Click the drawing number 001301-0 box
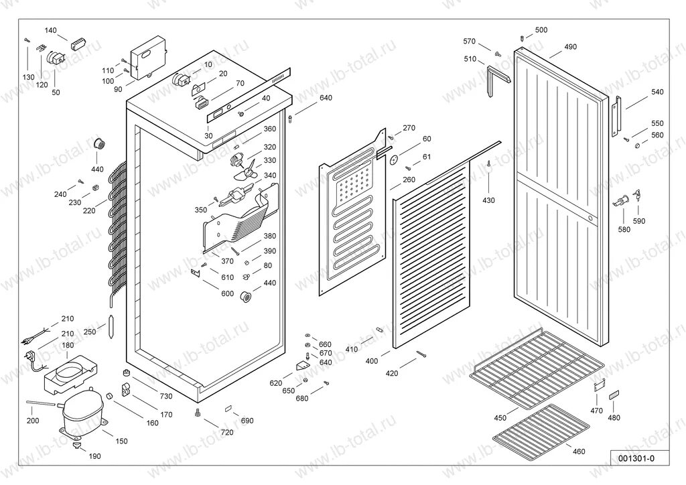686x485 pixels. click(636, 458)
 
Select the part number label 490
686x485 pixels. click(570, 47)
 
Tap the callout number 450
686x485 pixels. click(500, 417)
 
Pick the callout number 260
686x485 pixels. click(409, 180)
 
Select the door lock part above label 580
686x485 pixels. click(622, 198)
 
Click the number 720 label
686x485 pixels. click(226, 432)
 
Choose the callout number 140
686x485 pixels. click(51, 31)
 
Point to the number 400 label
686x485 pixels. click(371, 361)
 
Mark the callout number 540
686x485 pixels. click(657, 91)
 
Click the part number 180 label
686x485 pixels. click(68, 346)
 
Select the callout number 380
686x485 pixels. click(269, 236)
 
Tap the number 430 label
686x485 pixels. click(488, 200)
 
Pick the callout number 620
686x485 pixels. click(276, 383)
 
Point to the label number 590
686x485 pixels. click(639, 220)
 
